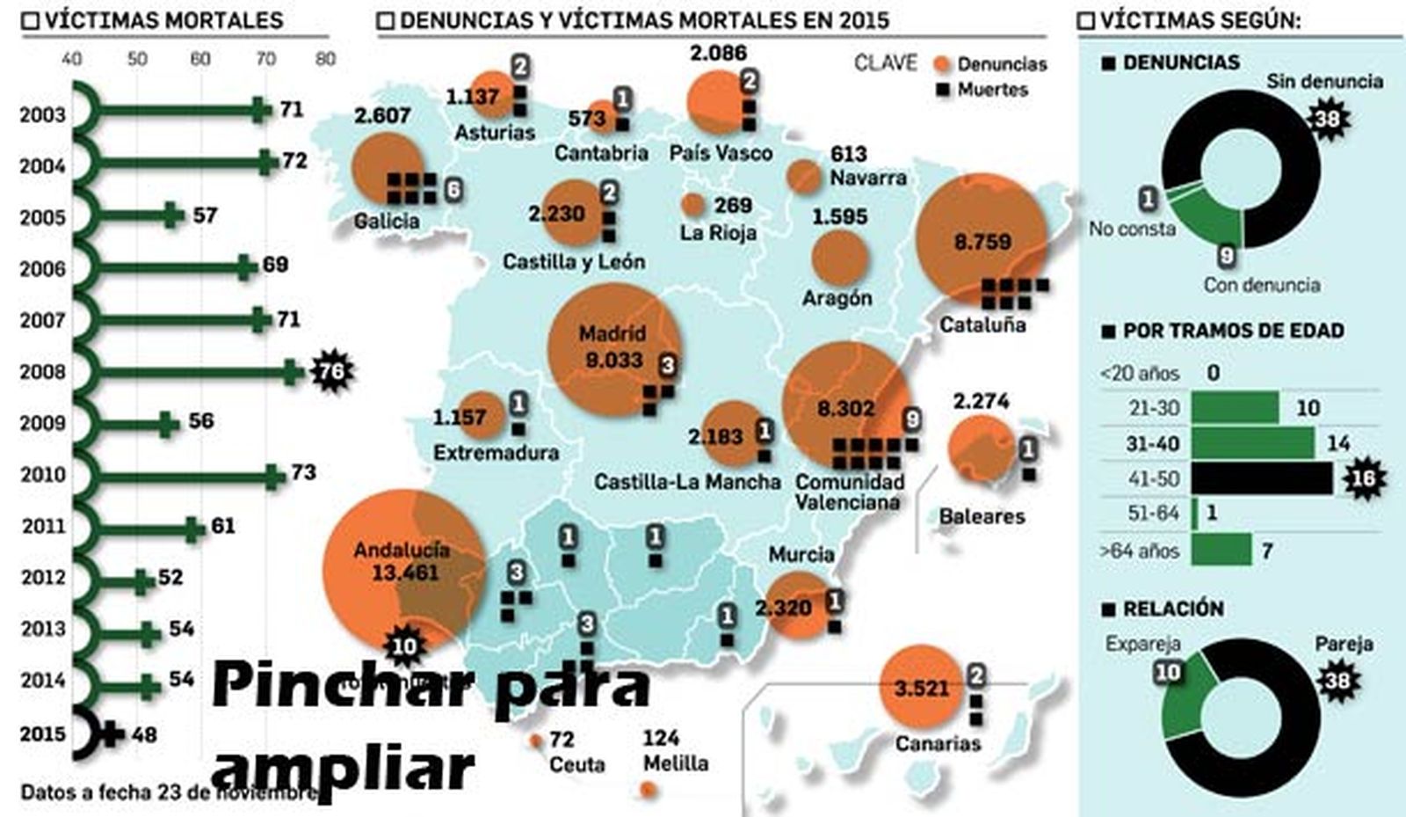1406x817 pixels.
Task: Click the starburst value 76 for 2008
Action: [x=331, y=371]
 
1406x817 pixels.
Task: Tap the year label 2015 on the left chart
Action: [x=43, y=733]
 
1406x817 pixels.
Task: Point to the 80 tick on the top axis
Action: [x=325, y=59]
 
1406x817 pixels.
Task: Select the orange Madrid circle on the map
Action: [x=614, y=349]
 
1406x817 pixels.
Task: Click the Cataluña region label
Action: [x=982, y=325]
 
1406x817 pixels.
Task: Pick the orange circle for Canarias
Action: [x=921, y=687]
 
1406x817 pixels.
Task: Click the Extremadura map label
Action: [x=496, y=453]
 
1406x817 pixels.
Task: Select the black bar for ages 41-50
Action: [x=1262, y=478]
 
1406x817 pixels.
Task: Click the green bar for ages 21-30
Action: [x=1235, y=408]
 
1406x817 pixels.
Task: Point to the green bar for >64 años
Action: [x=1221, y=551]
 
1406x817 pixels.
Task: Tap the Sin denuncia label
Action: [x=1324, y=82]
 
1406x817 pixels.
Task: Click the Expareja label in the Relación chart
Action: [x=1142, y=644]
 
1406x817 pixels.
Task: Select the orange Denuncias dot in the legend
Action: [x=943, y=64]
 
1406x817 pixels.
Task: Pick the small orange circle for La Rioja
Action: [x=693, y=206]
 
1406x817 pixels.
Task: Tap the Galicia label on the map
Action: [x=386, y=221]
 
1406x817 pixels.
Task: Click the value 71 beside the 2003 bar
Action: [x=291, y=109]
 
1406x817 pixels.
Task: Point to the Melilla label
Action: [x=675, y=762]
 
